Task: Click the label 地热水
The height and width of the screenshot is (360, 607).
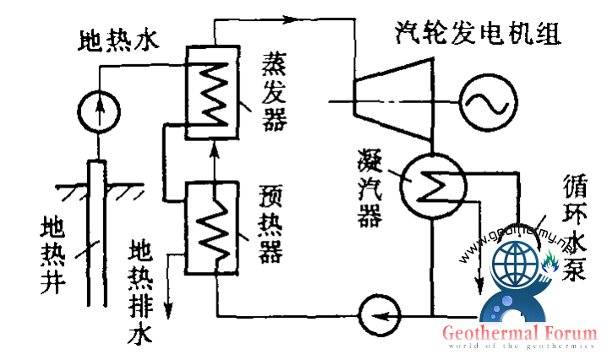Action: pos(118,40)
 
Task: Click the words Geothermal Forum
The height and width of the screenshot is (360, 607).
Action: pos(518,333)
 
